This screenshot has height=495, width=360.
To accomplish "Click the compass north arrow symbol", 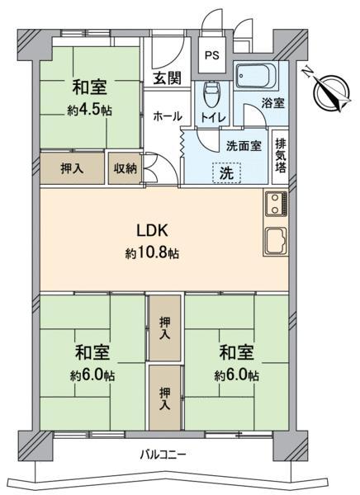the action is (x=330, y=92).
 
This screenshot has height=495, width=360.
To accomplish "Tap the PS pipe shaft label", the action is (x=211, y=55).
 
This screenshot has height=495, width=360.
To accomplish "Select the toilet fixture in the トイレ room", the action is (x=211, y=94).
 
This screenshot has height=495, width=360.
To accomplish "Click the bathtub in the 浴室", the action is (x=256, y=77).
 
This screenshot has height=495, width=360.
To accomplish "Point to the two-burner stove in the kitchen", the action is (x=277, y=204).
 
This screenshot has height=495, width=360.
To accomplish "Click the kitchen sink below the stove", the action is (x=276, y=241).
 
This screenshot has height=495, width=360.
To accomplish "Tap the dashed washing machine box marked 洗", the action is (x=226, y=172).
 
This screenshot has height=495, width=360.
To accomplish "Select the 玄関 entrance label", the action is (x=168, y=78).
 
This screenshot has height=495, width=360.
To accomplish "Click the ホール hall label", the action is (x=168, y=116).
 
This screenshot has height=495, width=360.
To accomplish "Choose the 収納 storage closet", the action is (x=126, y=168).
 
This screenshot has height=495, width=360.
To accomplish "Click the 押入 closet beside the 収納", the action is (x=73, y=168).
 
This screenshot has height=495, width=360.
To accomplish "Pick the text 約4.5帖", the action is (x=89, y=110).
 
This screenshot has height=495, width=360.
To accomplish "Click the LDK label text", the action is (x=152, y=231).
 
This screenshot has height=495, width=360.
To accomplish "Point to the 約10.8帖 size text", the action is (x=152, y=253).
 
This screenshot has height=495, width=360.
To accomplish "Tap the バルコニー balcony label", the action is (x=163, y=455).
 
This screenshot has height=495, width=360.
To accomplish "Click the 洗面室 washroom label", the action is (x=244, y=146).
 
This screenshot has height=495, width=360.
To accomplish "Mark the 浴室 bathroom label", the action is (x=272, y=103).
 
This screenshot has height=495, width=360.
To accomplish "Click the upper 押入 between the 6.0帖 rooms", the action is (x=164, y=328).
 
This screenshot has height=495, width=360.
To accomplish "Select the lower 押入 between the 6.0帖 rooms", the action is (x=164, y=398).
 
